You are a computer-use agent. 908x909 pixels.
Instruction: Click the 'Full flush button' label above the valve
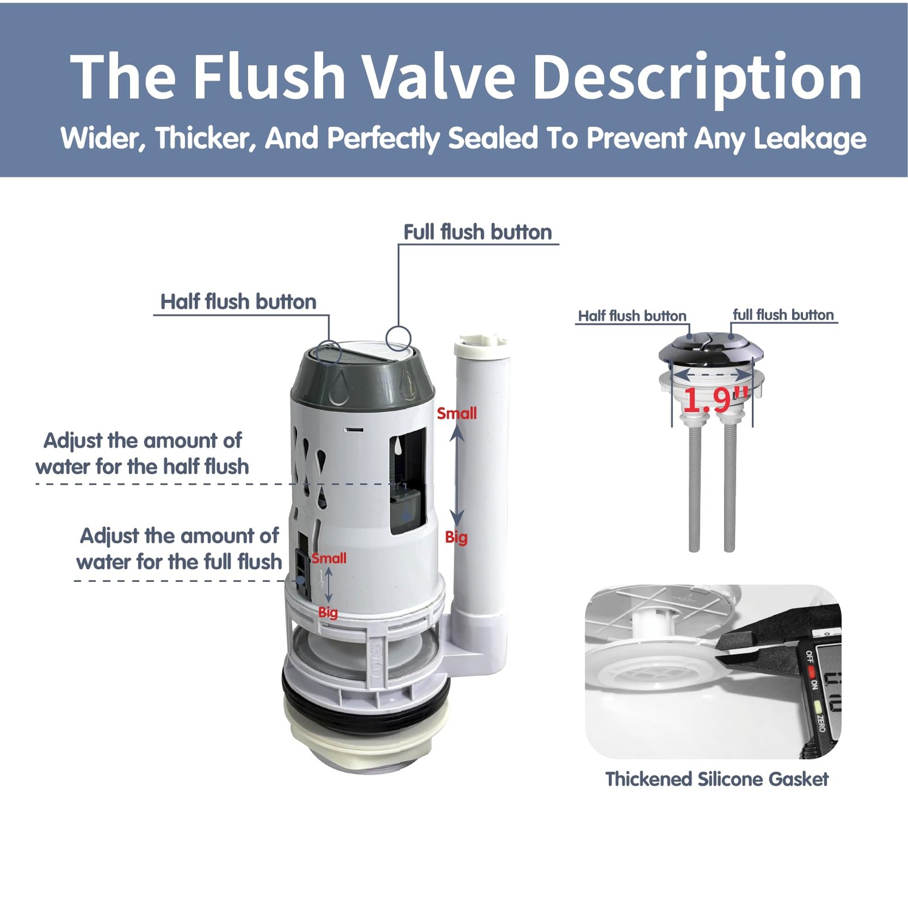click(x=478, y=232)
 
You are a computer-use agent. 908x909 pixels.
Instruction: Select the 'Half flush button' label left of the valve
click(x=238, y=302)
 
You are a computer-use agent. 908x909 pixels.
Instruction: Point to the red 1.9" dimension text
click(x=715, y=400)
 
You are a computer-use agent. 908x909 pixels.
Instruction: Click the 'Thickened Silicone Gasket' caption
click(x=717, y=779)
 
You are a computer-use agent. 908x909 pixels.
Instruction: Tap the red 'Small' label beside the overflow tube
click(x=457, y=414)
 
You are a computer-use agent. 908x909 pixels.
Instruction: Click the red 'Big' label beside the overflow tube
click(x=456, y=537)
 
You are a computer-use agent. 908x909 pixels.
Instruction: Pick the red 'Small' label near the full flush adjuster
click(x=329, y=558)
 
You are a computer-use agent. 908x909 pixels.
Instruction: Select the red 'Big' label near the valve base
click(x=328, y=612)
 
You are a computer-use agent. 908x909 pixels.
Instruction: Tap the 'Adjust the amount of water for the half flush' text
click(x=143, y=453)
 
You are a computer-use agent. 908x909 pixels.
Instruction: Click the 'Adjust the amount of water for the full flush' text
click(x=179, y=549)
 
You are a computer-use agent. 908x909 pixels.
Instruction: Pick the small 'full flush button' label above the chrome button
click(x=783, y=315)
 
